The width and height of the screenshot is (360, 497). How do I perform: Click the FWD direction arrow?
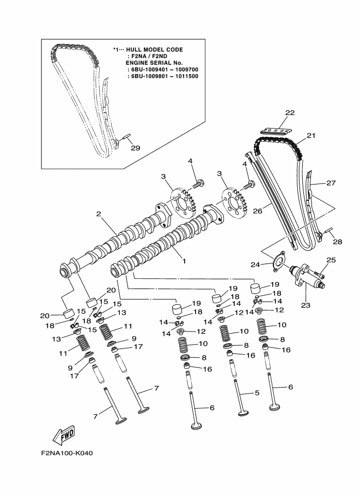tap(64, 435)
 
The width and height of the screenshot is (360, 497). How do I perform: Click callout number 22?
tap(290, 113)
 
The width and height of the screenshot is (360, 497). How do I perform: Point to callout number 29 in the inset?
tap(136, 148)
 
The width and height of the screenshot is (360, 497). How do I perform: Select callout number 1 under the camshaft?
tap(184, 261)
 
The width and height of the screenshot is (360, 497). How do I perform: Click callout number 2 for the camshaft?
tap(99, 214)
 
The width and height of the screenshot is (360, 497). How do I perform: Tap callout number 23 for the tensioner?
tap(306, 305)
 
